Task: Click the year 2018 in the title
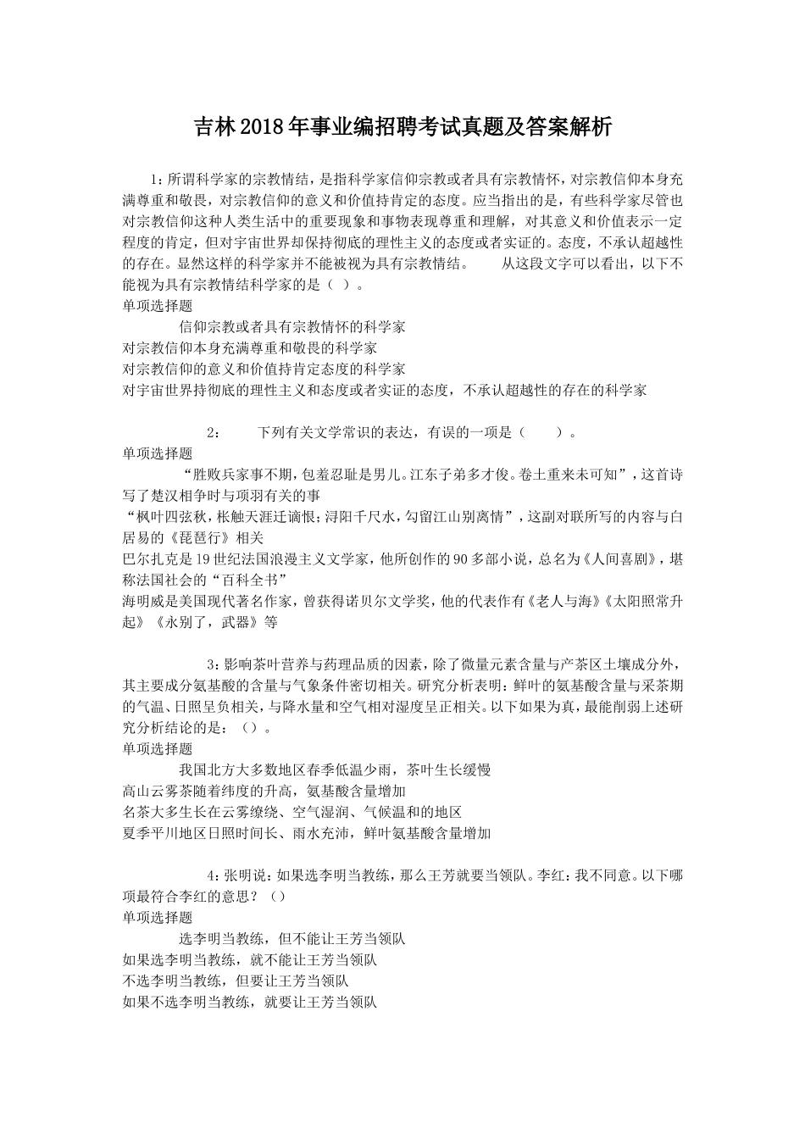(x=263, y=128)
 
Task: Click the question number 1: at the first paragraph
(x=156, y=180)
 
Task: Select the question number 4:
(x=214, y=875)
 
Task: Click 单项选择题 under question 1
(x=158, y=306)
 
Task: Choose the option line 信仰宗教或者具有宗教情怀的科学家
(x=292, y=326)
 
